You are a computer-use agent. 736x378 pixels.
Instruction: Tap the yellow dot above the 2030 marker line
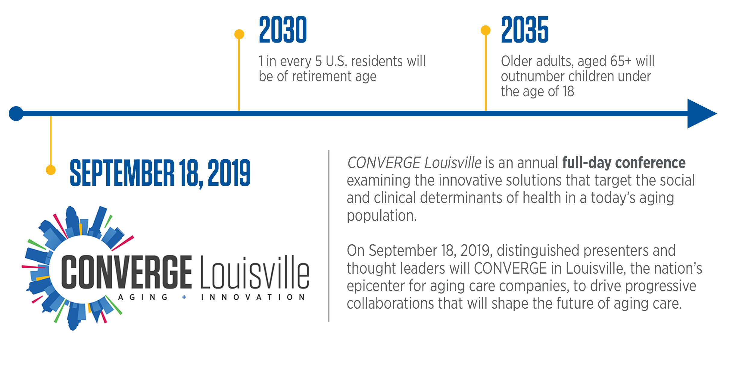click(239, 34)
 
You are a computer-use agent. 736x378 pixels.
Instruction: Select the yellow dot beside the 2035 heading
click(485, 30)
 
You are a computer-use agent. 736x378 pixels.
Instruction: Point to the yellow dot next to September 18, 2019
click(51, 170)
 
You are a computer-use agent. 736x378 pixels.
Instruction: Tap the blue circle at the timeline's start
click(16, 113)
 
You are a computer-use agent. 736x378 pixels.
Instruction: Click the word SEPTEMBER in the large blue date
click(122, 173)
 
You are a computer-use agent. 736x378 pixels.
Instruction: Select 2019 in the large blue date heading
click(229, 173)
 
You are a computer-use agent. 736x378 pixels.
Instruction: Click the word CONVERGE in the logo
click(126, 272)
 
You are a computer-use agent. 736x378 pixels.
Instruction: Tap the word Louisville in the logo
click(255, 272)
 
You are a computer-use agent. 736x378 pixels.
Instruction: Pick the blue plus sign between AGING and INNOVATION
click(184, 297)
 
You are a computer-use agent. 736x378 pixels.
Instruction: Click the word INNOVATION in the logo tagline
click(253, 297)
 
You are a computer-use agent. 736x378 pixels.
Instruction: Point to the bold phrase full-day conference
click(624, 163)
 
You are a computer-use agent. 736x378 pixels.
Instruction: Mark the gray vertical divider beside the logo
click(329, 236)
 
